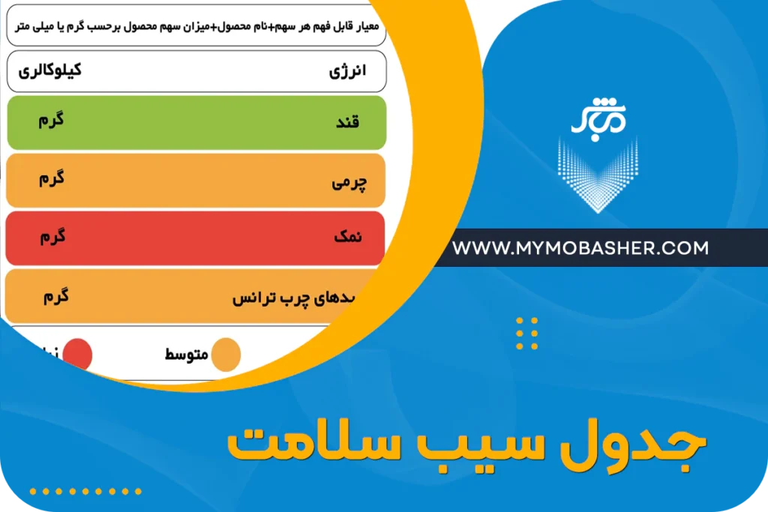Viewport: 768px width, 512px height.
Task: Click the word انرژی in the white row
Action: [x=347, y=73]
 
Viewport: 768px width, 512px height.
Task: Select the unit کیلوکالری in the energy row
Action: [x=49, y=70]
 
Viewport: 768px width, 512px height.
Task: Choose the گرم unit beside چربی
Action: [x=51, y=178]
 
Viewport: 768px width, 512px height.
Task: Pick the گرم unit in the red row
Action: [x=52, y=237]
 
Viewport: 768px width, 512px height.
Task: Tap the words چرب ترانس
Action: [x=270, y=298]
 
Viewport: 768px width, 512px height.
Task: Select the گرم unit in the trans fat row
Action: [x=56, y=296]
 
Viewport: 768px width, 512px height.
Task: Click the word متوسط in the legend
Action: [x=187, y=354]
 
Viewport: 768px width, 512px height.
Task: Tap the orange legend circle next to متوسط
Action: [x=225, y=355]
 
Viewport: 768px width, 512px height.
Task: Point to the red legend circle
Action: [x=77, y=354]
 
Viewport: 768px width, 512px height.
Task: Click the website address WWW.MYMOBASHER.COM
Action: [x=580, y=248]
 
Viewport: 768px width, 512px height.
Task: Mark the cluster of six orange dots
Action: [x=527, y=334]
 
